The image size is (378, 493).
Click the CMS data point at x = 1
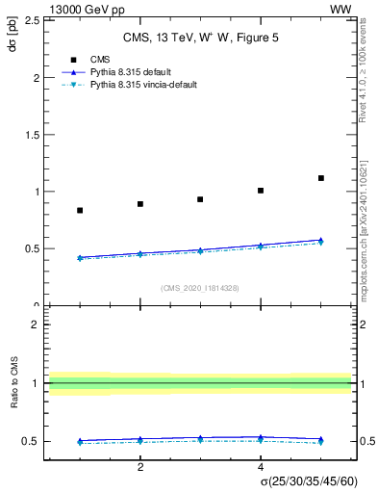(80, 210)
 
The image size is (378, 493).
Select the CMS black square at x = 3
(200, 199)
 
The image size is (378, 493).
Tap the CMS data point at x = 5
(321, 178)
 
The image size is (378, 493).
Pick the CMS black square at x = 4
(261, 191)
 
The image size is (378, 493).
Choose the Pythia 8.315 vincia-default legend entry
(143, 85)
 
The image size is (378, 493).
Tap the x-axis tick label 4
(261, 467)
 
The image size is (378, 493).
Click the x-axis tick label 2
(140, 467)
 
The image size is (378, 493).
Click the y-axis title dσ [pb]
(13, 43)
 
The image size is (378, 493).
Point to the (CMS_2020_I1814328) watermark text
(200, 288)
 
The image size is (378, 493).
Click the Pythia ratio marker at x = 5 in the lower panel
(321, 439)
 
